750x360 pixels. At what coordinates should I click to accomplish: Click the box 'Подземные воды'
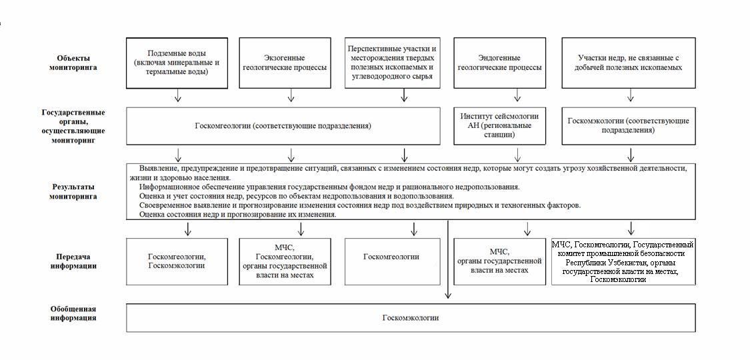(x=177, y=63)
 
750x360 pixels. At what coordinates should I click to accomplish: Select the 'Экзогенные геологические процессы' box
(x=291, y=63)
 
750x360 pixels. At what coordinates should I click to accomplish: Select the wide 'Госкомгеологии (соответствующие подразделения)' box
(x=283, y=125)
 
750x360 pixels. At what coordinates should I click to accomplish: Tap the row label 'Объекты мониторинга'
(x=73, y=63)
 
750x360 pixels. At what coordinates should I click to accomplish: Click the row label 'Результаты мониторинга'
(x=73, y=191)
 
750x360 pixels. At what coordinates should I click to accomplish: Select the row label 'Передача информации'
(x=73, y=261)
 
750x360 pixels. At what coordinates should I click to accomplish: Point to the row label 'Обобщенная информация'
(x=73, y=313)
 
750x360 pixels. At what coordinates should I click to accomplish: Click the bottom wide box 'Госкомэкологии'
(x=411, y=318)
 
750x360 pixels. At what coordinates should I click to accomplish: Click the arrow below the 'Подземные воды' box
(x=177, y=96)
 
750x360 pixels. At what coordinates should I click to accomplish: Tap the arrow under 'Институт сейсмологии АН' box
(x=519, y=155)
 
